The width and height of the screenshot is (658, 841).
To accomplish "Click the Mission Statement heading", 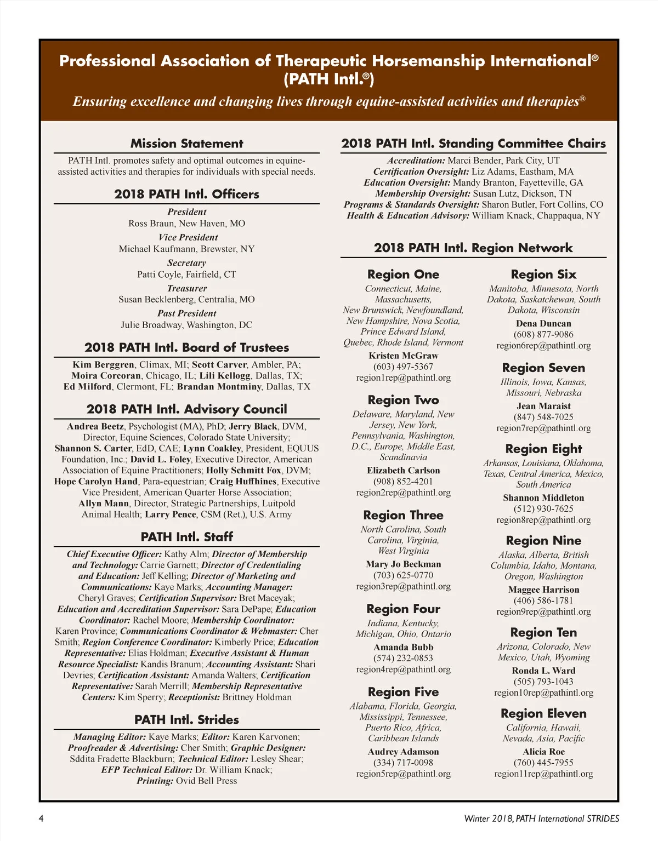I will click(186, 144).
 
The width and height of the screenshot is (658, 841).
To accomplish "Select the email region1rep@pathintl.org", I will click(403, 377).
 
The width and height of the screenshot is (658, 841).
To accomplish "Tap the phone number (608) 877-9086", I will click(543, 334).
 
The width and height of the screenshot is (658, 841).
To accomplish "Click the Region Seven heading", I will click(543, 368).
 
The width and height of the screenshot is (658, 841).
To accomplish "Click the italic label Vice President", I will click(188, 237).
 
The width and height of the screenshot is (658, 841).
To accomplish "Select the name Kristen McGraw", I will click(403, 356).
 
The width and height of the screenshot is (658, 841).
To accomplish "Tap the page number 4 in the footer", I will click(41, 819).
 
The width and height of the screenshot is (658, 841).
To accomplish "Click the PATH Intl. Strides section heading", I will click(186, 719).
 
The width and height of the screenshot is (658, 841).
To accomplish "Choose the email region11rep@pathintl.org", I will click(543, 774).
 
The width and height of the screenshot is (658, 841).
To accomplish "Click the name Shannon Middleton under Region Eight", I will click(543, 497).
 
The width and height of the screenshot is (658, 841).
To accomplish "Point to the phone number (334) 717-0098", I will click(403, 762).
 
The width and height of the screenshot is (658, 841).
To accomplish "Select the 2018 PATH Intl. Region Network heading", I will click(473, 248).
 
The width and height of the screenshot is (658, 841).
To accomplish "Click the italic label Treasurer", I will click(187, 288).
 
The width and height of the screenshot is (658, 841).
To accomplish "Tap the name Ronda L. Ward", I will click(543, 671).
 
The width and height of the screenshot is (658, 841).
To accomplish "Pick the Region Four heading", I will click(403, 609).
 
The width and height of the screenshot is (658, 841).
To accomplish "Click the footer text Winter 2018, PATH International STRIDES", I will click(541, 819).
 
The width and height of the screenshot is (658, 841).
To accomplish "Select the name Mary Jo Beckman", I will click(403, 564).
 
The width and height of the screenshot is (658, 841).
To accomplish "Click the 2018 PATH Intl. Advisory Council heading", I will click(186, 409).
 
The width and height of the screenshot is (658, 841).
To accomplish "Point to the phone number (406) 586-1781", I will click(543, 600).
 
